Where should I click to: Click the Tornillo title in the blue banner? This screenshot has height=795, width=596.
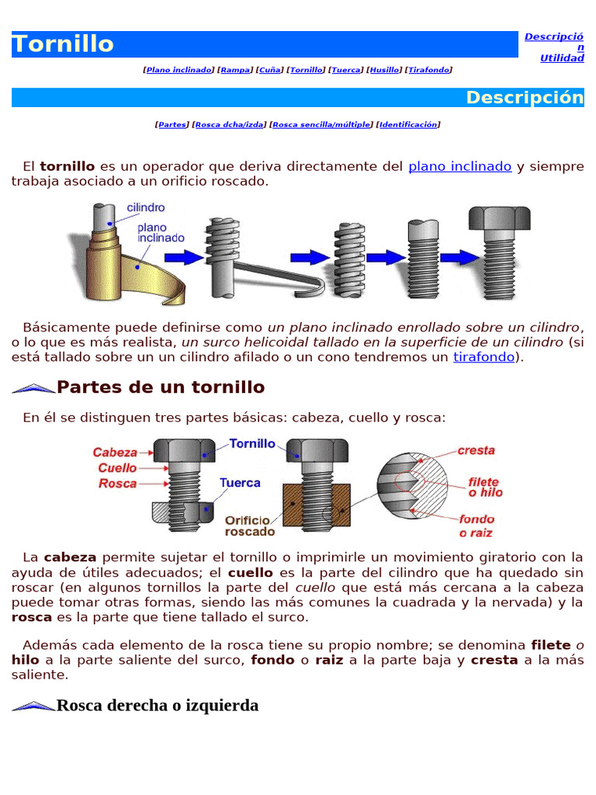pyautogui.click(x=64, y=44)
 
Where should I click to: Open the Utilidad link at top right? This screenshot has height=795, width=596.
pyautogui.click(x=562, y=58)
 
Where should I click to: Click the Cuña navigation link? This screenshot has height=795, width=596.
pyautogui.click(x=269, y=70)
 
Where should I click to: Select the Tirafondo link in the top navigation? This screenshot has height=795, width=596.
pyautogui.click(x=428, y=70)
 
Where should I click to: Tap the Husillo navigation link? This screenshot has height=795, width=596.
pyautogui.click(x=384, y=70)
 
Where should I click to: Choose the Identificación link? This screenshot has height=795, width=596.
pyautogui.click(x=408, y=124)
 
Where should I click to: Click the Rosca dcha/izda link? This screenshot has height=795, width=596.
pyautogui.click(x=230, y=124)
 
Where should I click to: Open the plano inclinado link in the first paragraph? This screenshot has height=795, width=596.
pyautogui.click(x=459, y=166)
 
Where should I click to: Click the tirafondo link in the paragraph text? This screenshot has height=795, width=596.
pyautogui.click(x=483, y=357)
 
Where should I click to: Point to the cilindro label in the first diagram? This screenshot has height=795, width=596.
pyautogui.click(x=145, y=208)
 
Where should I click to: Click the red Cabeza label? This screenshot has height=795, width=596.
pyautogui.click(x=115, y=452)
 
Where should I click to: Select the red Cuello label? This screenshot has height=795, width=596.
pyautogui.click(x=117, y=467)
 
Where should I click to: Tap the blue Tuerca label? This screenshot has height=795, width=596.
pyautogui.click(x=240, y=483)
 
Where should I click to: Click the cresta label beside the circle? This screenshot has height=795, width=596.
pyautogui.click(x=476, y=450)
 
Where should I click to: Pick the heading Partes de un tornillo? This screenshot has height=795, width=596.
pyautogui.click(x=161, y=387)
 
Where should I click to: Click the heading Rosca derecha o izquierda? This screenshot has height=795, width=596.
pyautogui.click(x=157, y=705)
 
